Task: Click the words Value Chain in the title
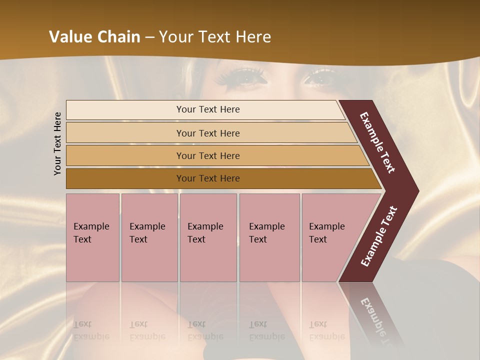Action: (x=94, y=37)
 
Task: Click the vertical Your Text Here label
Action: (x=57, y=143)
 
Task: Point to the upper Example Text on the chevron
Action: (x=377, y=142)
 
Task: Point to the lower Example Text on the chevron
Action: (x=378, y=236)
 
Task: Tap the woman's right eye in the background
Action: (x=320, y=77)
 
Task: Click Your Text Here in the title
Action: (x=215, y=37)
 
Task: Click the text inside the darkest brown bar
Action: (x=208, y=178)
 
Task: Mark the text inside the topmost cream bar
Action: (x=208, y=109)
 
